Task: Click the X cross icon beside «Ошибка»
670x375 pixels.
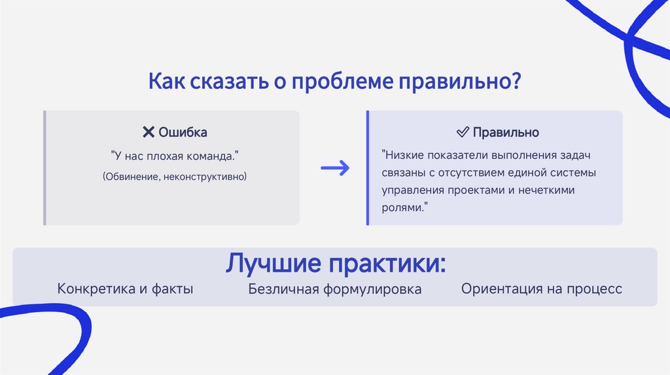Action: coord(148,132)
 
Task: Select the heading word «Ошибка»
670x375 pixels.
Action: coord(183,132)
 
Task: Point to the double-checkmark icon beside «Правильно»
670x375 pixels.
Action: coord(462,132)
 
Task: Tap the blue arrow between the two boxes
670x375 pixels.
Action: coord(334,169)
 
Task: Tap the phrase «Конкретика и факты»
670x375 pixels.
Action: coord(125,288)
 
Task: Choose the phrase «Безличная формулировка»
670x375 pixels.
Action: coord(334,288)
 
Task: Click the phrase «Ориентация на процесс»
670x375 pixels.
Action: coord(541,288)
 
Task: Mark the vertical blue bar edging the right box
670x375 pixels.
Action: coord(368,168)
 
